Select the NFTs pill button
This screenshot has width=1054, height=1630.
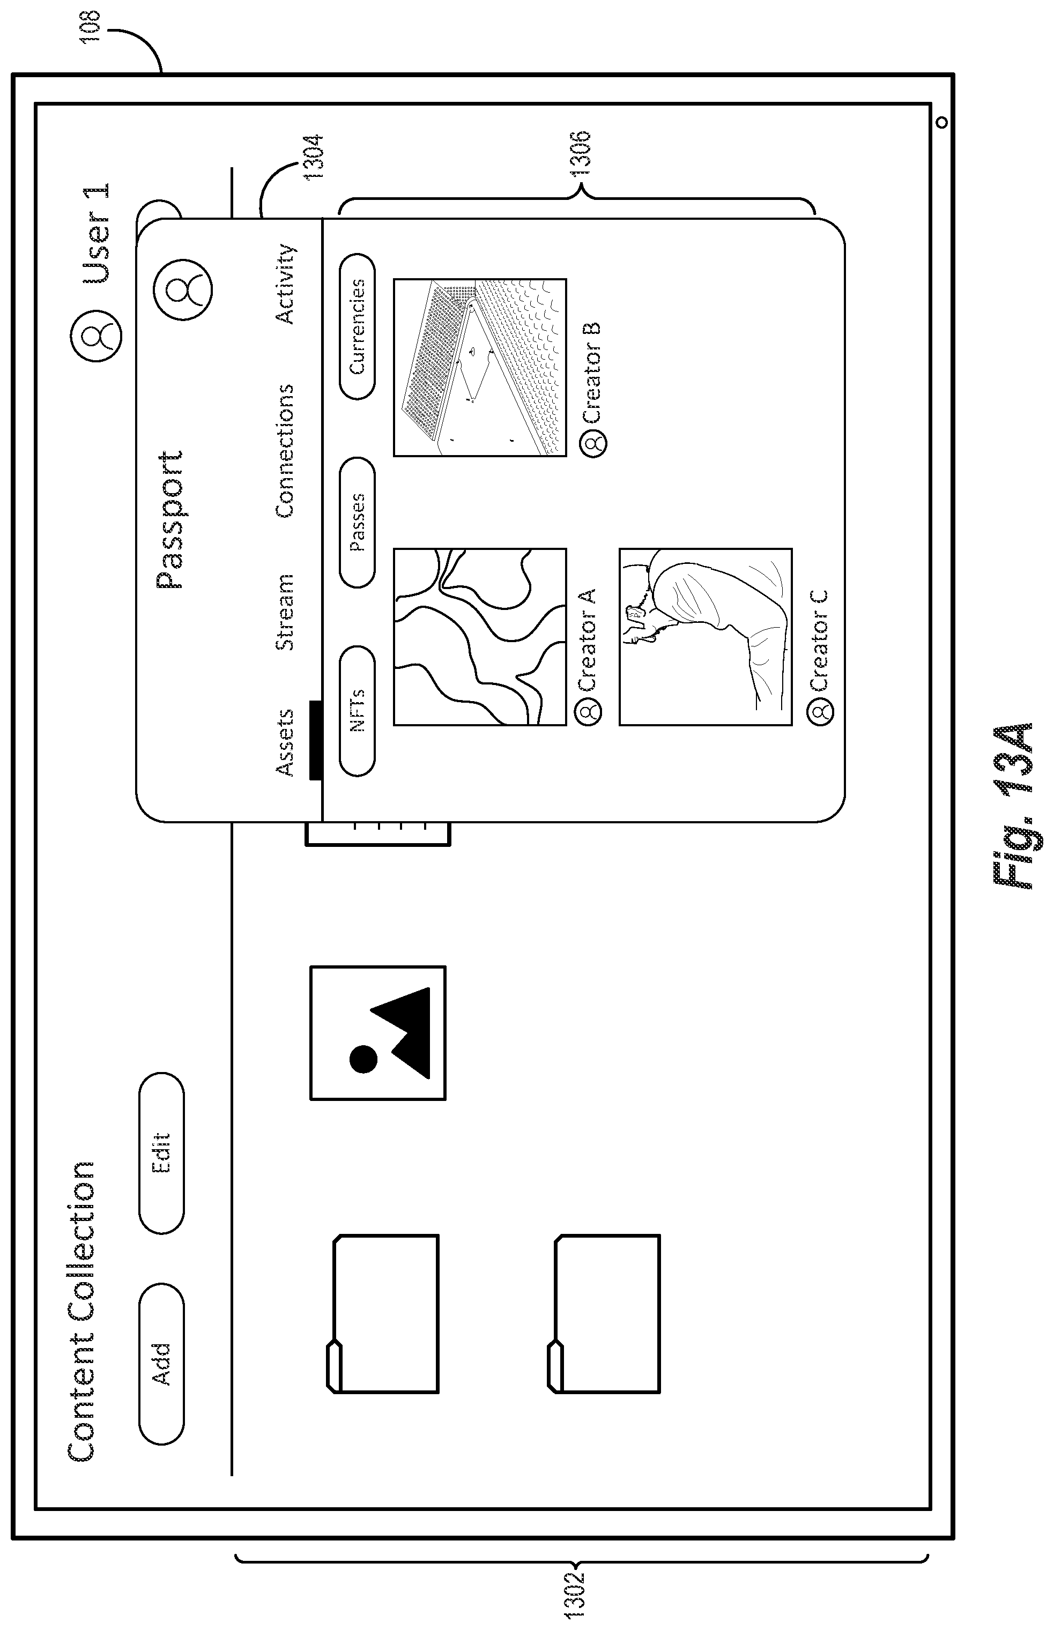[x=357, y=711]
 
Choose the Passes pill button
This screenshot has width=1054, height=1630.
[x=357, y=522]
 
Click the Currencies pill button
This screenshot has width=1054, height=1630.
[x=357, y=326]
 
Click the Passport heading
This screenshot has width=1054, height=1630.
[x=170, y=519]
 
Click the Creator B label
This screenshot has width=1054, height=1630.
[x=591, y=373]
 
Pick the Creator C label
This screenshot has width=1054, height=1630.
[x=819, y=640]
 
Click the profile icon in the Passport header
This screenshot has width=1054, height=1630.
[x=183, y=289]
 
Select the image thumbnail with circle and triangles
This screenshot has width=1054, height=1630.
[x=378, y=1032]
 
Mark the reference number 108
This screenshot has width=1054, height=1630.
[x=91, y=27]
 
